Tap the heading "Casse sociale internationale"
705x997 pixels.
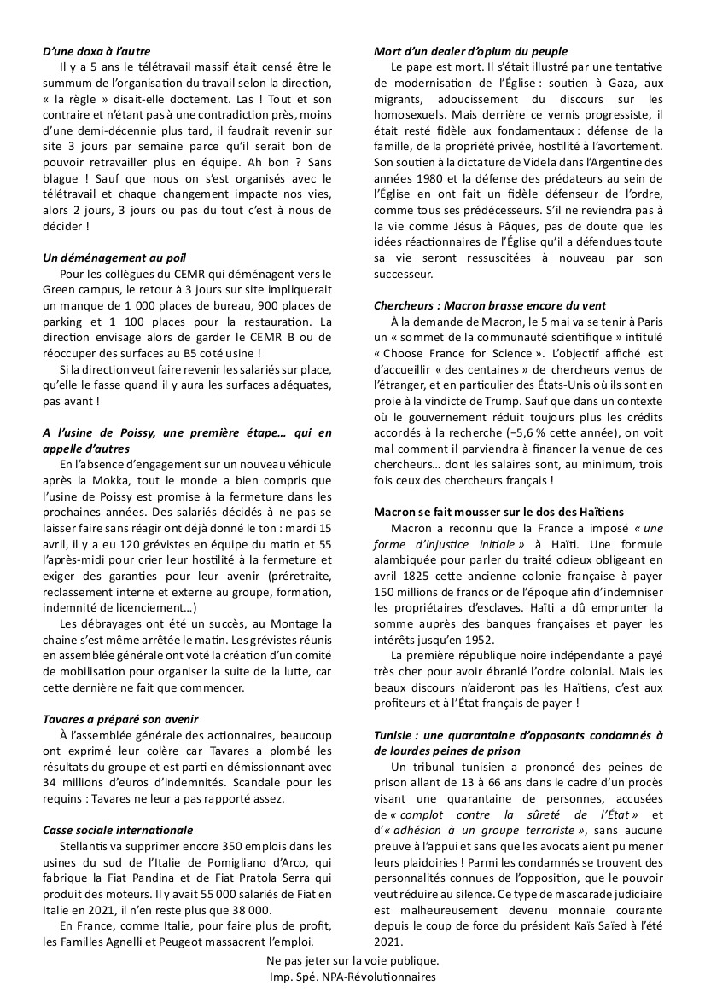point(118,830)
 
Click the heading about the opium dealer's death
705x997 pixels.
point(470,52)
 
